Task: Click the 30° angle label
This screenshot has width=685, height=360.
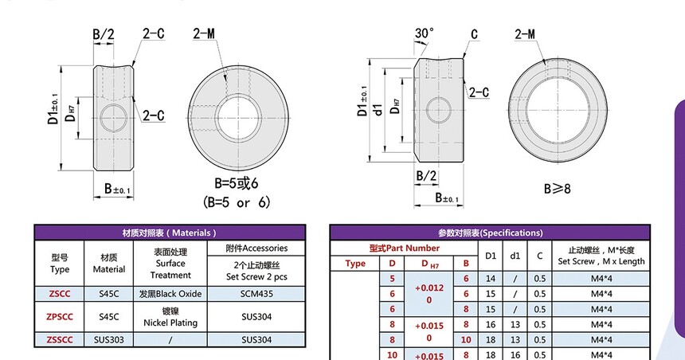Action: coord(425,33)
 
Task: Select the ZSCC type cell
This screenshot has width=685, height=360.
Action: coord(60,294)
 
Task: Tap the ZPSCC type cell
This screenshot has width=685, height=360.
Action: coord(60,317)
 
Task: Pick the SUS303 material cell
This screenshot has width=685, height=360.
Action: coord(109,339)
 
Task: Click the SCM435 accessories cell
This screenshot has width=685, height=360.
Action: coord(256,294)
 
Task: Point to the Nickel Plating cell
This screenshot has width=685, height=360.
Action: coord(170,317)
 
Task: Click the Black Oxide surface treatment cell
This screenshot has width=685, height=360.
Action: coord(170,294)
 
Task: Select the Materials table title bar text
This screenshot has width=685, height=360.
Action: coord(170,233)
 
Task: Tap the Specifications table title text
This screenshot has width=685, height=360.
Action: coord(490,233)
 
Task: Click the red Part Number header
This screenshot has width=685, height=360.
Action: coord(404,248)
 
